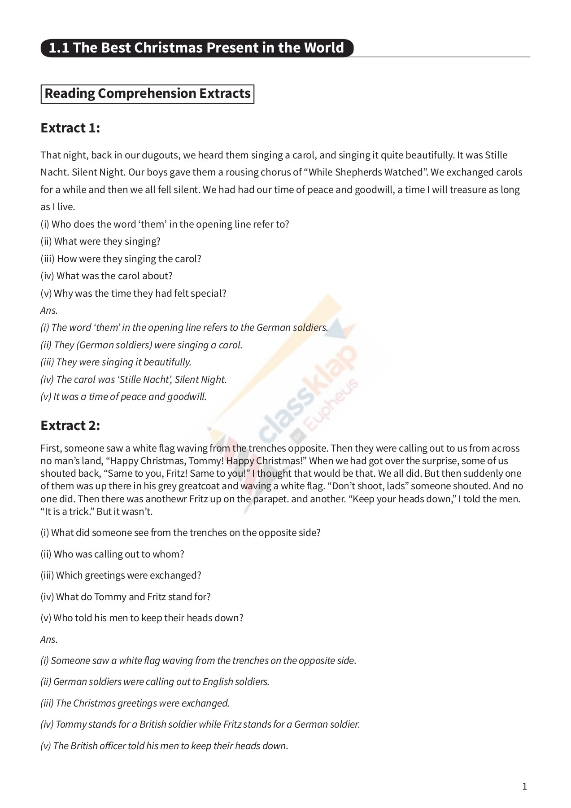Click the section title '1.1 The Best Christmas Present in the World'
click(196, 48)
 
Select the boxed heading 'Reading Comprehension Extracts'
click(148, 94)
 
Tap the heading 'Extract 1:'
click(70, 128)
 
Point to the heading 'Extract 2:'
click(70, 425)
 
